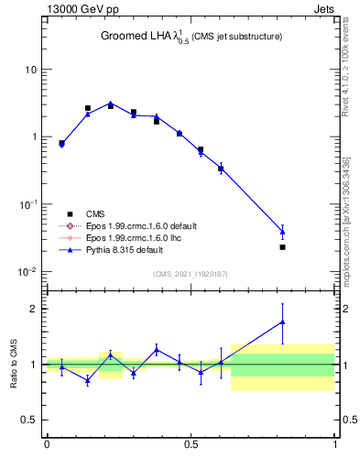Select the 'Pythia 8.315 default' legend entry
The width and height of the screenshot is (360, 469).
(118, 249)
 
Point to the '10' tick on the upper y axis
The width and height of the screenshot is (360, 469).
(30, 70)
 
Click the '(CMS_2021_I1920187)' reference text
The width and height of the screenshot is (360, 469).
(191, 274)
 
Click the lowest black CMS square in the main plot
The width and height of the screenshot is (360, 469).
(282, 247)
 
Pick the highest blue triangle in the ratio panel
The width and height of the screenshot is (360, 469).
(282, 322)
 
